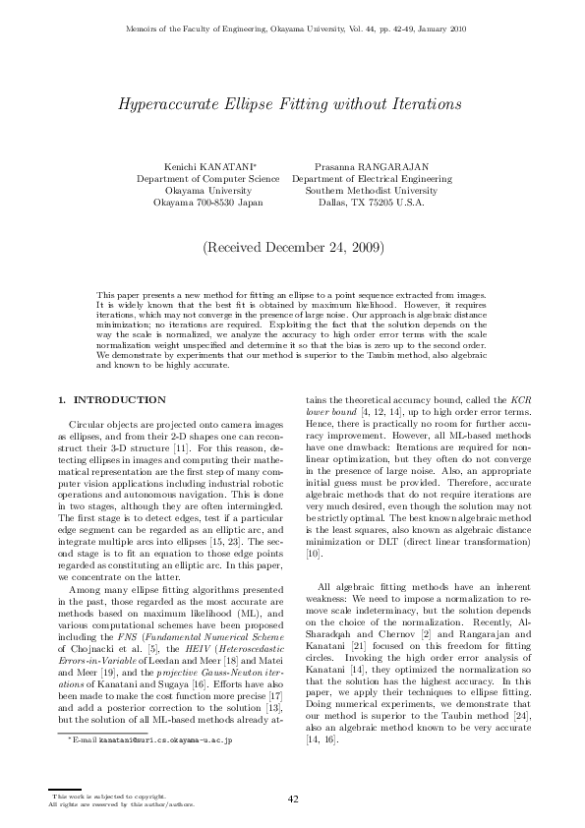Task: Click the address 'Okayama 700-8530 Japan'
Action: (x=207, y=203)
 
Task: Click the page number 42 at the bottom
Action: (x=292, y=799)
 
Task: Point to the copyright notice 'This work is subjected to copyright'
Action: (x=108, y=795)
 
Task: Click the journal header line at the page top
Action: (x=292, y=30)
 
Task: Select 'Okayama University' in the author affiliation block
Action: (x=207, y=191)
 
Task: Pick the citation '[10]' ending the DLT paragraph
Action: (x=314, y=555)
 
